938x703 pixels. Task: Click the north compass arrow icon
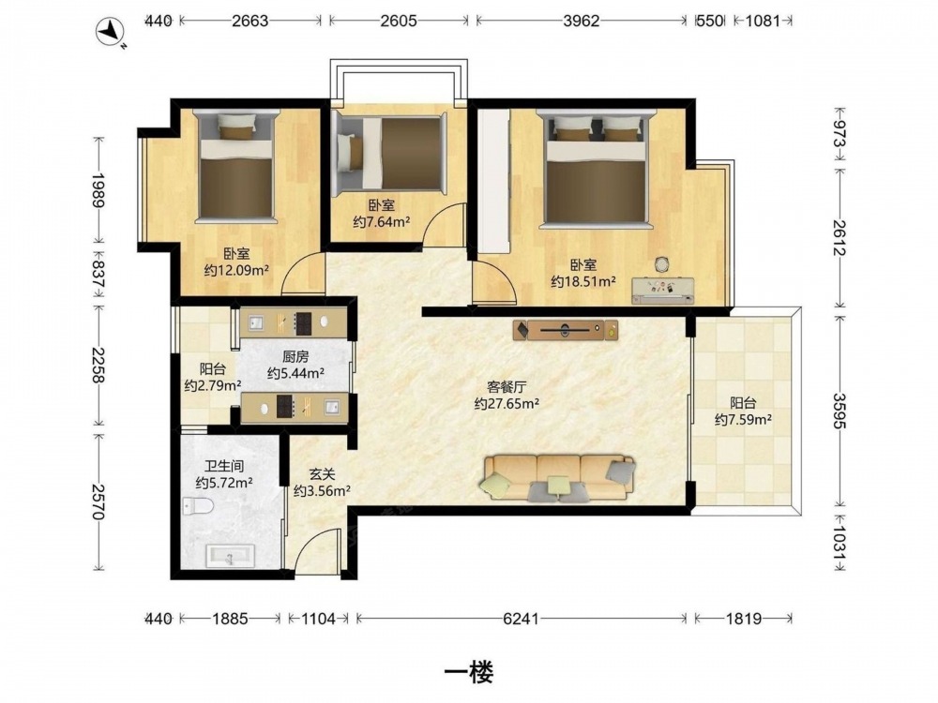110,31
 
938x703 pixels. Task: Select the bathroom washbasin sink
231,556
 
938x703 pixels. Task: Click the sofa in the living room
559,477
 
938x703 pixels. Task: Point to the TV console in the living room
566,329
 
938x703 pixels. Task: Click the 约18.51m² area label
583,281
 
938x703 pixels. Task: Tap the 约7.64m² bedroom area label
381,222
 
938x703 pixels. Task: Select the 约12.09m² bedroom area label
236,270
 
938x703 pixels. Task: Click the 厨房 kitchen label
295,357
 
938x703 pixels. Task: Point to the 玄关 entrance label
322,474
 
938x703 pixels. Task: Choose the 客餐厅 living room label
507,387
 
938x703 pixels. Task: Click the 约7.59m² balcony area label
743,420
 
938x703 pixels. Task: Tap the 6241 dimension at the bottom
521,618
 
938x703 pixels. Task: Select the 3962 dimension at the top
581,21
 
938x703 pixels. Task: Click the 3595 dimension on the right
839,411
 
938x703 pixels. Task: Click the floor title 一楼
469,673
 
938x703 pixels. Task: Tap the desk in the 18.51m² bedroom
663,290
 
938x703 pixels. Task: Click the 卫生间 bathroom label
224,466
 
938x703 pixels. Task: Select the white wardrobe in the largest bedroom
493,181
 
